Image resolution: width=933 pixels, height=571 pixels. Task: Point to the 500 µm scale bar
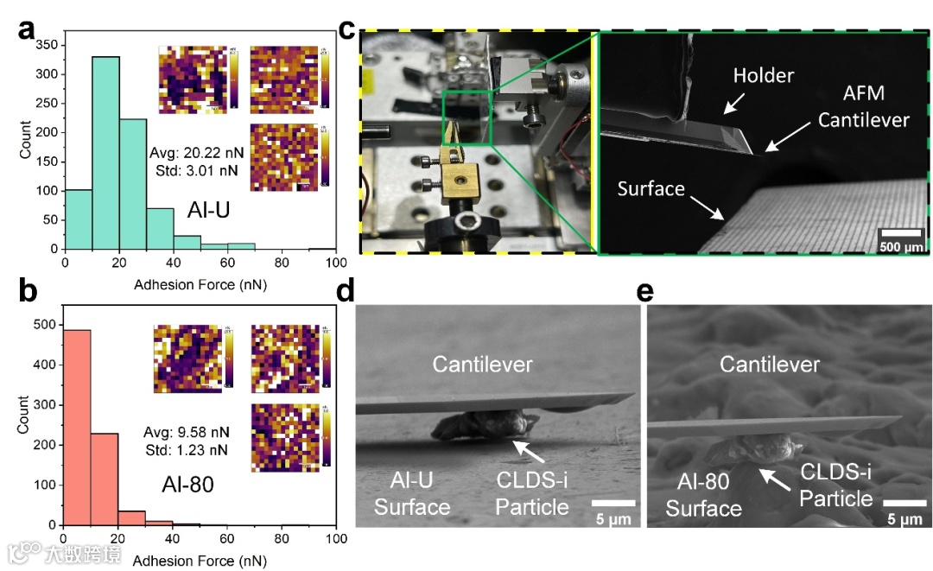(900, 231)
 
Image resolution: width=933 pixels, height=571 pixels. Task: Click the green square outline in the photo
(466, 117)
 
